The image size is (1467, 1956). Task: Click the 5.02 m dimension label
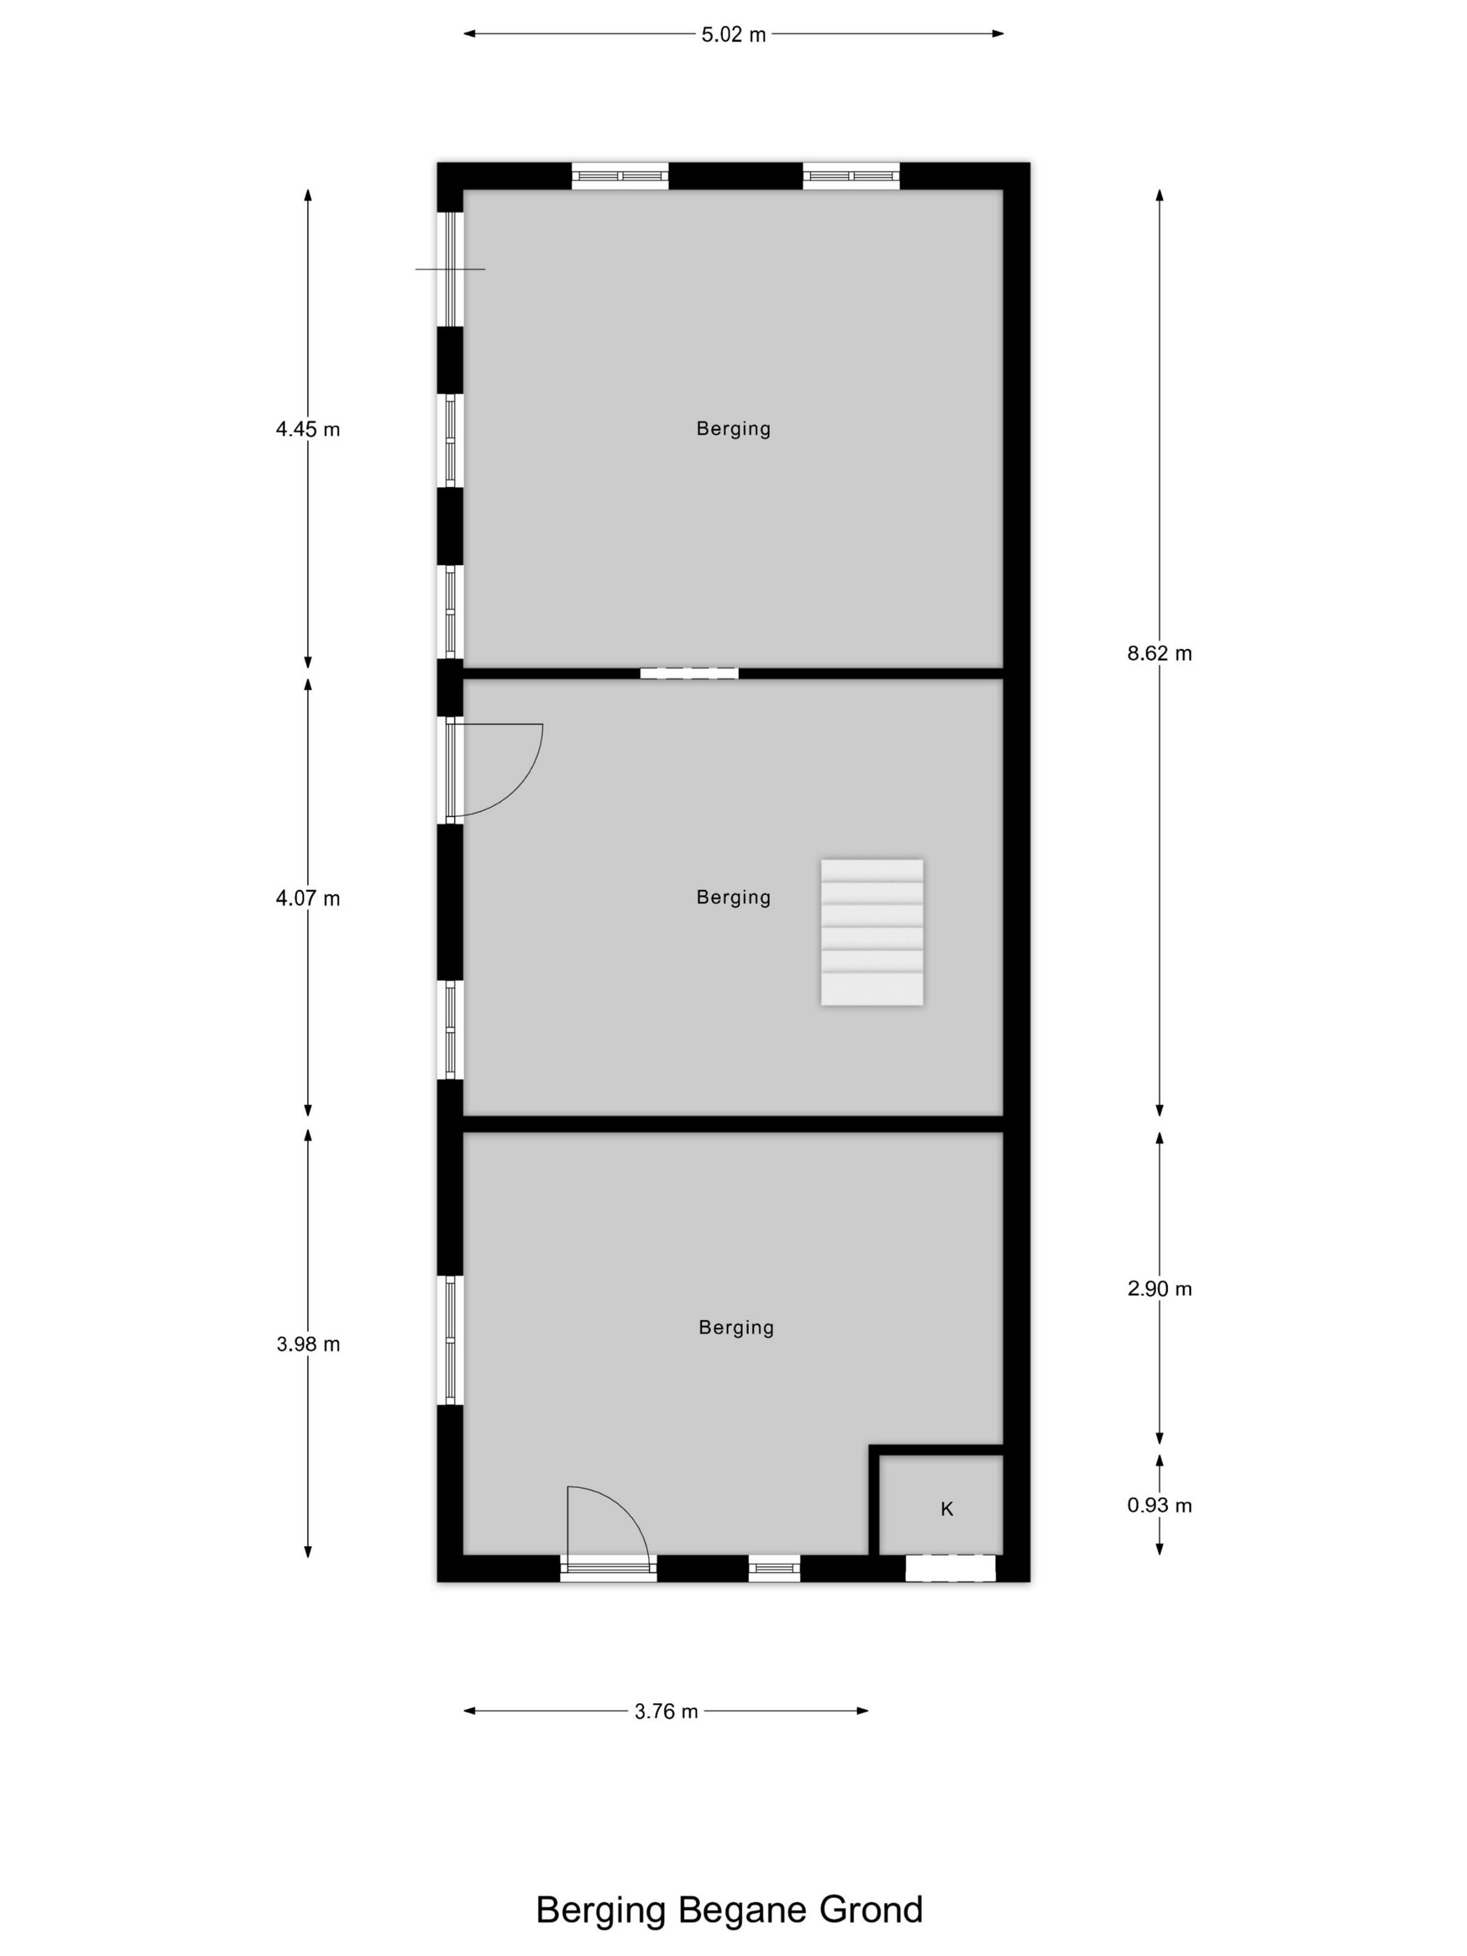733,34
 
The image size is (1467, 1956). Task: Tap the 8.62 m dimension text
1158,653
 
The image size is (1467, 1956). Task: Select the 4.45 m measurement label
308,430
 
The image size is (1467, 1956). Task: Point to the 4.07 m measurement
308,898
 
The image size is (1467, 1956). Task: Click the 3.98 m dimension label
308,1344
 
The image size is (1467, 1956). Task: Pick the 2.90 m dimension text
1158,1290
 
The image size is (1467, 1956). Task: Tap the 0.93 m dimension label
1158,1505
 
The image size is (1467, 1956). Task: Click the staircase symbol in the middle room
872,932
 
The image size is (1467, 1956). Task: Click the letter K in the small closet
946,1510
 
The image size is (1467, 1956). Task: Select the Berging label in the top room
733,429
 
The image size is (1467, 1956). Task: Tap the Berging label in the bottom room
736,1327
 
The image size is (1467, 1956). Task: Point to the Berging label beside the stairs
733,898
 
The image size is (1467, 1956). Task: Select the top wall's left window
619,176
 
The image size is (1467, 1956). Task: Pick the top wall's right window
851,176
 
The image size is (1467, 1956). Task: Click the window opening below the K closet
949,1568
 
